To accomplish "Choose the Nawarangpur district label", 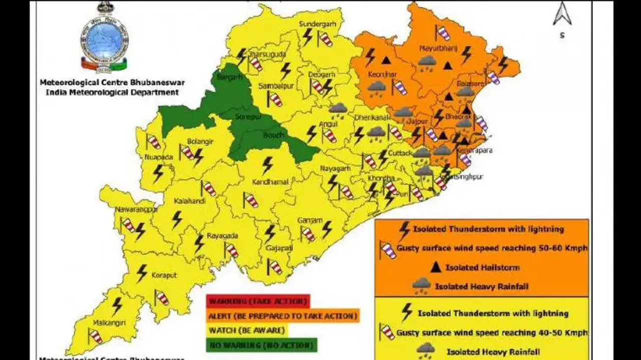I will (136, 209).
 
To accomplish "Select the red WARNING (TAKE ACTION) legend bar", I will (258, 301).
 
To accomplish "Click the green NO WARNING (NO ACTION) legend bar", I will (261, 345).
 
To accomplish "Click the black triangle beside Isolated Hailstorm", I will (436, 267).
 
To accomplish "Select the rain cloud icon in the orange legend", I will (421, 286).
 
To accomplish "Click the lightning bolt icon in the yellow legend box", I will (406, 313).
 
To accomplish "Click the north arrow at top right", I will (562, 15).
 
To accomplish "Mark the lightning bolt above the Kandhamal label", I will (268, 165).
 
